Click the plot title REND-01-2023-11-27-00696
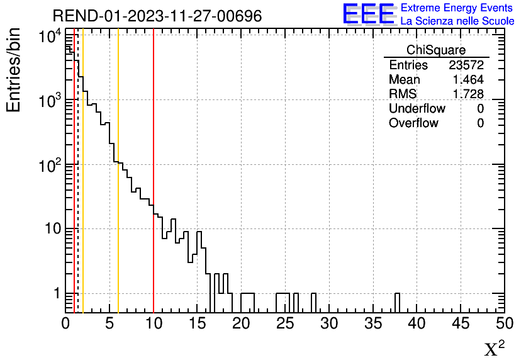click(x=157, y=16)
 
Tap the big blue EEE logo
click(x=368, y=14)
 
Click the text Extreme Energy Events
click(x=457, y=8)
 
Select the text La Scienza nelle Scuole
click(x=457, y=21)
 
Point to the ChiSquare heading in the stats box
click(x=436, y=50)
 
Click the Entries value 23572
click(x=466, y=65)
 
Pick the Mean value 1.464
click(x=468, y=80)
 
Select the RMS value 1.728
click(x=468, y=94)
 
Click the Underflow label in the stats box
click(x=417, y=109)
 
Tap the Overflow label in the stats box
click(x=413, y=123)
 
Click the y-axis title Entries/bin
click(x=14, y=70)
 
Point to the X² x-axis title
click(x=494, y=348)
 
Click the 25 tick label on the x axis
click(x=285, y=323)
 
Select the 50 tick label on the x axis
click(x=503, y=323)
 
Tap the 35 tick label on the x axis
click(x=372, y=323)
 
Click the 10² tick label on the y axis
click(x=48, y=165)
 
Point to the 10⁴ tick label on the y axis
click(x=48, y=37)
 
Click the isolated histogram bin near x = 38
click(x=398, y=302)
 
